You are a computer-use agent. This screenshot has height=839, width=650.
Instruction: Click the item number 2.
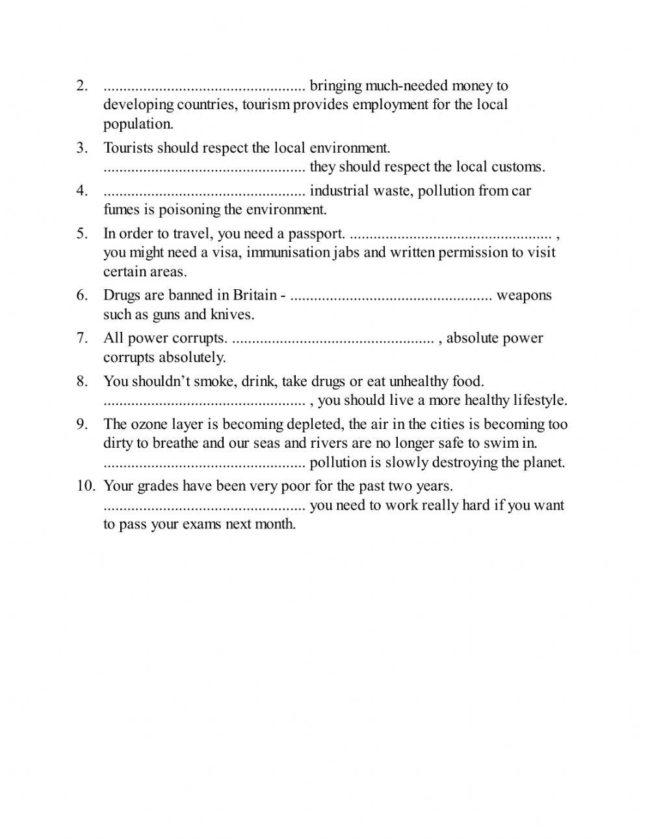[82, 86]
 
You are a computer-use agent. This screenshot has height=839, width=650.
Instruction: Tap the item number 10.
[86, 485]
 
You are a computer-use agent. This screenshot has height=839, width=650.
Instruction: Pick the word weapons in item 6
[524, 296]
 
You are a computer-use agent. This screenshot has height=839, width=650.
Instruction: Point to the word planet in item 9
[543, 463]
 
